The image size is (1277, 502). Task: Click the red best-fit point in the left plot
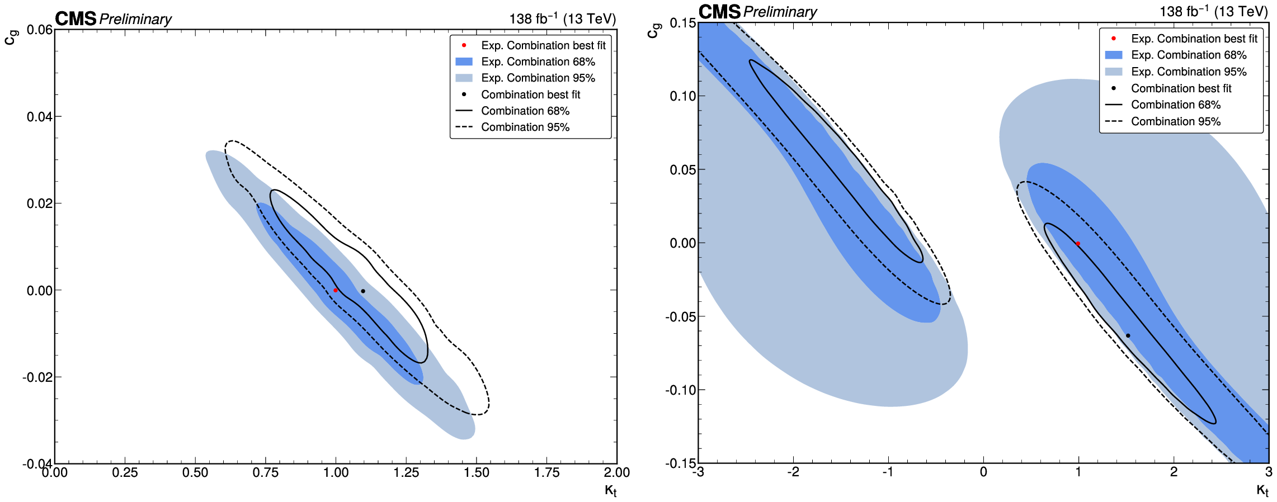tap(336, 290)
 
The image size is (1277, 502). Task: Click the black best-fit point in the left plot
tap(363, 291)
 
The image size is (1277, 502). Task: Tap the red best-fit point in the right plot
tap(1078, 244)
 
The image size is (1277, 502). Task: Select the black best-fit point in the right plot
tap(1128, 335)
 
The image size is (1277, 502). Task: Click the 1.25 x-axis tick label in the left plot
tap(406, 473)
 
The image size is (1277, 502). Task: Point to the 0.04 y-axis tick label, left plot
tap(40, 117)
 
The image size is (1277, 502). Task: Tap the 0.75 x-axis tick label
tap(266, 473)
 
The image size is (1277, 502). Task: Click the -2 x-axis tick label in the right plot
tap(793, 472)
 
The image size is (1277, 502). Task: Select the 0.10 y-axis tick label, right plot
tap(683, 96)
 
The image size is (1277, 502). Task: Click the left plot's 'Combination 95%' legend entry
tap(525, 127)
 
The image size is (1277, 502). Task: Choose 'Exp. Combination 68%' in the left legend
tap(538, 62)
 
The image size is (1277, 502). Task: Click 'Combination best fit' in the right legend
tap(1181, 88)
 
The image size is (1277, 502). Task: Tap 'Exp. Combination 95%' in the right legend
tap(1188, 72)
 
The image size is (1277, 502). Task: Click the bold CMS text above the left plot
tap(76, 19)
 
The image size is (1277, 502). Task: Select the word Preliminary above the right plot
tap(780, 12)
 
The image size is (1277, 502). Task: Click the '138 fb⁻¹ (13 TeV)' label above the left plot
tap(562, 19)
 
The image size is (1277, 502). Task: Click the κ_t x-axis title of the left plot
tap(610, 491)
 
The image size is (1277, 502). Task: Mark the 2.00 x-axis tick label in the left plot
tap(616, 473)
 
